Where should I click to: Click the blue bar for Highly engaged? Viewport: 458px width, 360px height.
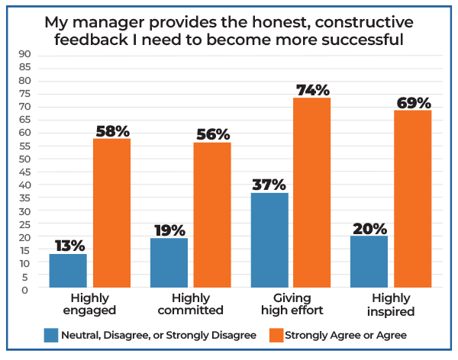tap(68, 271)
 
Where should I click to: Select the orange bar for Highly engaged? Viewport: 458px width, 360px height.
tap(112, 214)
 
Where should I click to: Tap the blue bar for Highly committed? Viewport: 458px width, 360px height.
tap(169, 263)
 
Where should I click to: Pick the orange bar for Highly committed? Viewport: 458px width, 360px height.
tap(212, 216)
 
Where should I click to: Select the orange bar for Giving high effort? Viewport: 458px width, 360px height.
tap(312, 193)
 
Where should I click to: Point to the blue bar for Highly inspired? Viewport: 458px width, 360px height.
tap(369, 262)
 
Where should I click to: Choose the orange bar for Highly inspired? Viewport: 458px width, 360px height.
tap(413, 199)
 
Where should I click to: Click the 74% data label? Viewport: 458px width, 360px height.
tap(312, 90)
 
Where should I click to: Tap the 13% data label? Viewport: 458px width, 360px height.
tap(68, 246)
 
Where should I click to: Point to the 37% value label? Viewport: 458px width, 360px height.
tap(269, 185)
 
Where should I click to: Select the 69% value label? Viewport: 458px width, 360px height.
tap(413, 102)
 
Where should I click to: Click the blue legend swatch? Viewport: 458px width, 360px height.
tap(51, 333)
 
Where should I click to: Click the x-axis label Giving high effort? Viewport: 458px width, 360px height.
tap(291, 304)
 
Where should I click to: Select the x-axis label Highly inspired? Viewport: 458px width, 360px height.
tap(391, 304)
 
